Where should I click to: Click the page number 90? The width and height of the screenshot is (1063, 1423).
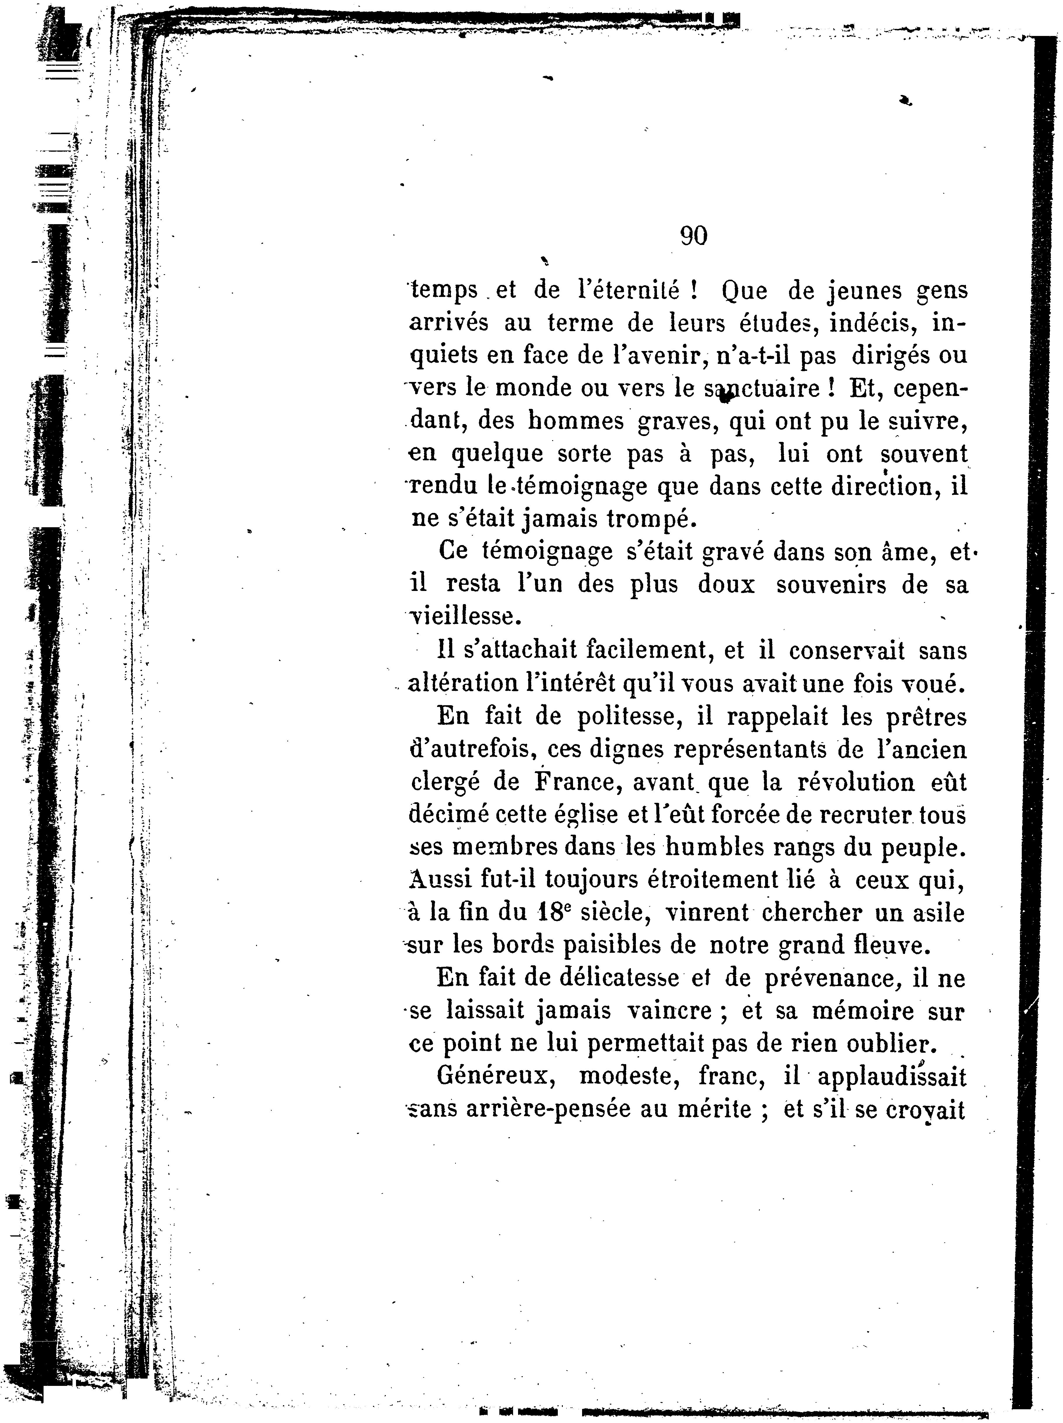click(x=693, y=237)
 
